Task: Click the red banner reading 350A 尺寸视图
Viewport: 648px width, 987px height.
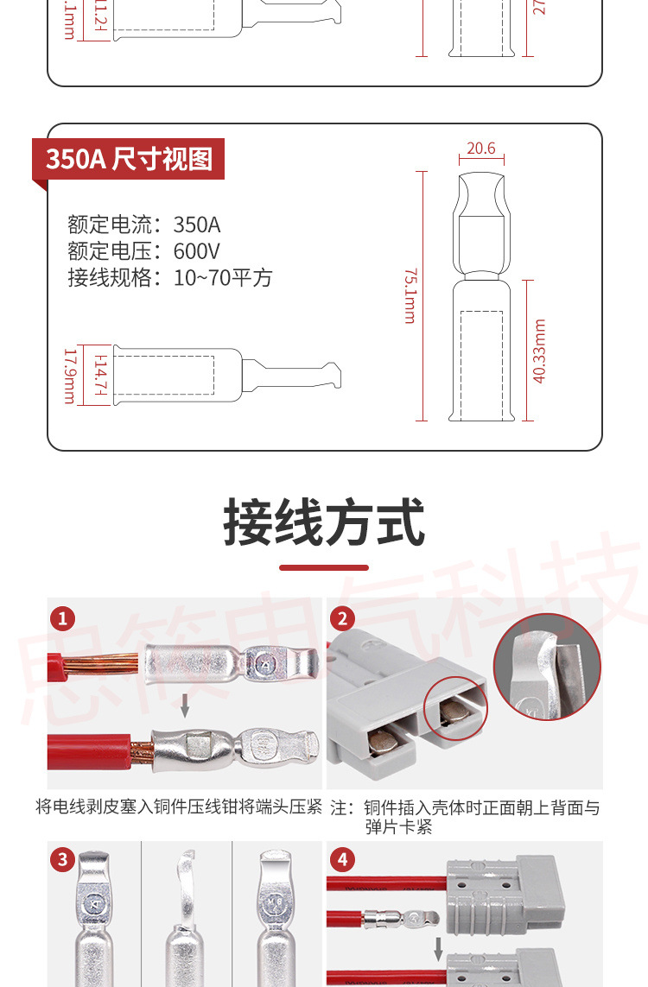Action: click(129, 159)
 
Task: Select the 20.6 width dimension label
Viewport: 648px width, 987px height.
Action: click(481, 149)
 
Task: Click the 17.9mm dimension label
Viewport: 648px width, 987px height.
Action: click(69, 376)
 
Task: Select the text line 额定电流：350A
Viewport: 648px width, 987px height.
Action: click(144, 225)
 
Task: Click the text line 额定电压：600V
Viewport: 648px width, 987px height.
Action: click(144, 251)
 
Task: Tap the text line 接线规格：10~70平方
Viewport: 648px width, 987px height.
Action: click(170, 277)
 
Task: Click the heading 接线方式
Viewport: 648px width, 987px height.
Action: click(324, 522)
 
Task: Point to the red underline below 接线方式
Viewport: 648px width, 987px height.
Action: click(324, 567)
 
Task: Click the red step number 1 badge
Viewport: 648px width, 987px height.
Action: click(62, 618)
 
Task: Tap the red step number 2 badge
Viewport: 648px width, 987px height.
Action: click(343, 618)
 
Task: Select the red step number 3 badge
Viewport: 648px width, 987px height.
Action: click(62, 859)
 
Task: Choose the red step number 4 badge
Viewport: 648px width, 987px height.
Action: click(343, 859)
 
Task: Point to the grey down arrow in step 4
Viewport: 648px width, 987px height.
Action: click(439, 948)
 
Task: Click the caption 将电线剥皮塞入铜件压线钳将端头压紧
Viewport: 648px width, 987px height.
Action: click(179, 807)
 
